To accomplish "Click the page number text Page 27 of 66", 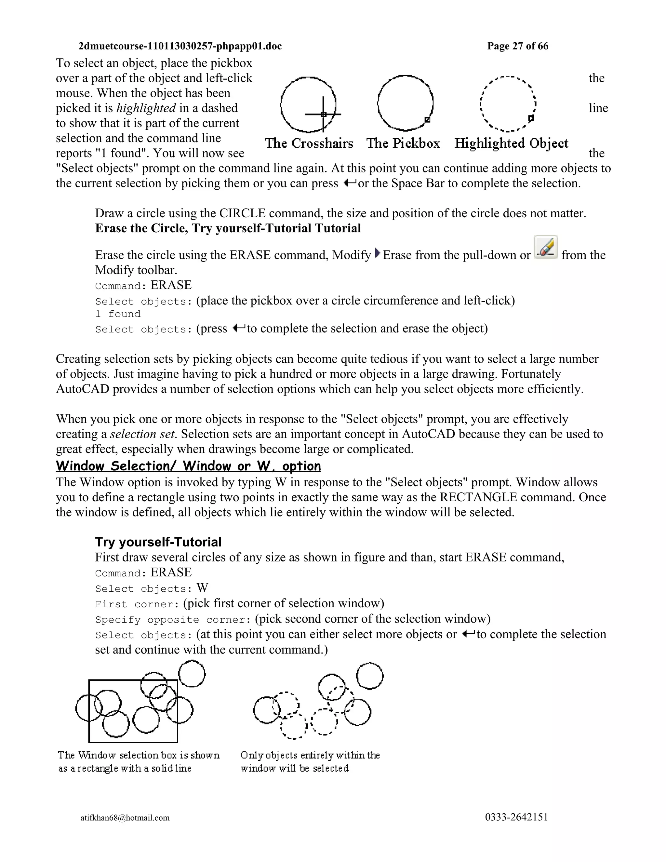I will (x=517, y=46).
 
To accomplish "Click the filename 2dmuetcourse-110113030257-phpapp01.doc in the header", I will (x=180, y=46).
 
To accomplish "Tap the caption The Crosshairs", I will (x=309, y=143).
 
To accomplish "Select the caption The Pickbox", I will (x=403, y=143).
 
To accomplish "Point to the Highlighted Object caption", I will (x=511, y=143).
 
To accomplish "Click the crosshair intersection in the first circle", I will (x=323, y=114).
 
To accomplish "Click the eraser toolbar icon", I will (x=545, y=247).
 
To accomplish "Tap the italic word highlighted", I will (x=146, y=108).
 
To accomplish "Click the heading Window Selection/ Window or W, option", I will (x=188, y=466).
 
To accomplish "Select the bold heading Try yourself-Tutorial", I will (x=158, y=542).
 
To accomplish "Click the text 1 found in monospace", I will (x=118, y=314).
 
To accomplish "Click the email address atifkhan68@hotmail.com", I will (x=125, y=817).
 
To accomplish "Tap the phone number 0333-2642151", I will (x=516, y=817).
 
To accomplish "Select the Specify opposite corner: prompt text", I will (x=173, y=620).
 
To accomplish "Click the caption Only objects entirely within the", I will (x=310, y=755).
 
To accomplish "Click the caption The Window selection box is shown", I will (x=139, y=755).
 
